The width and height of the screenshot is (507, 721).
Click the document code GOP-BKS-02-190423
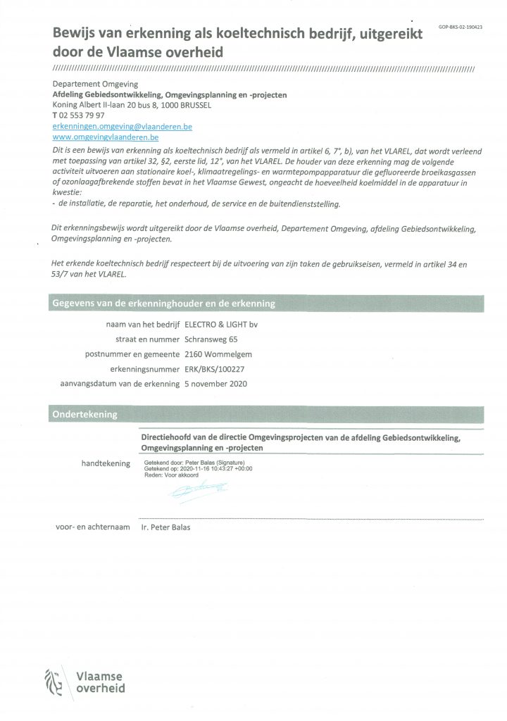(461, 27)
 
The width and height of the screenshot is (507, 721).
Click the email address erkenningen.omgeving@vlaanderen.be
(123, 126)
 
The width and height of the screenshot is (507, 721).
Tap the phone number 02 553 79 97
(82, 115)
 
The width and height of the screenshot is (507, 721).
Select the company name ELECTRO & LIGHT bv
(226, 324)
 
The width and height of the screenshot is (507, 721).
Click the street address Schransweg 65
(210, 339)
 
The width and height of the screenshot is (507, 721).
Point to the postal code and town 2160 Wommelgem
(218, 354)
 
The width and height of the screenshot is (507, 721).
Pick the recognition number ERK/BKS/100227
(215, 369)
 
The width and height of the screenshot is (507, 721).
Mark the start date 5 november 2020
(215, 384)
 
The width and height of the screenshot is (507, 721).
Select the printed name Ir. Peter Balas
(165, 527)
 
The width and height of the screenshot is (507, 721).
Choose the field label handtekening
(106, 463)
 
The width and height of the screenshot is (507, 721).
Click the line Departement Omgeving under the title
(95, 84)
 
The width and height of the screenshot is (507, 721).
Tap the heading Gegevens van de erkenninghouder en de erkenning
(163, 303)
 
